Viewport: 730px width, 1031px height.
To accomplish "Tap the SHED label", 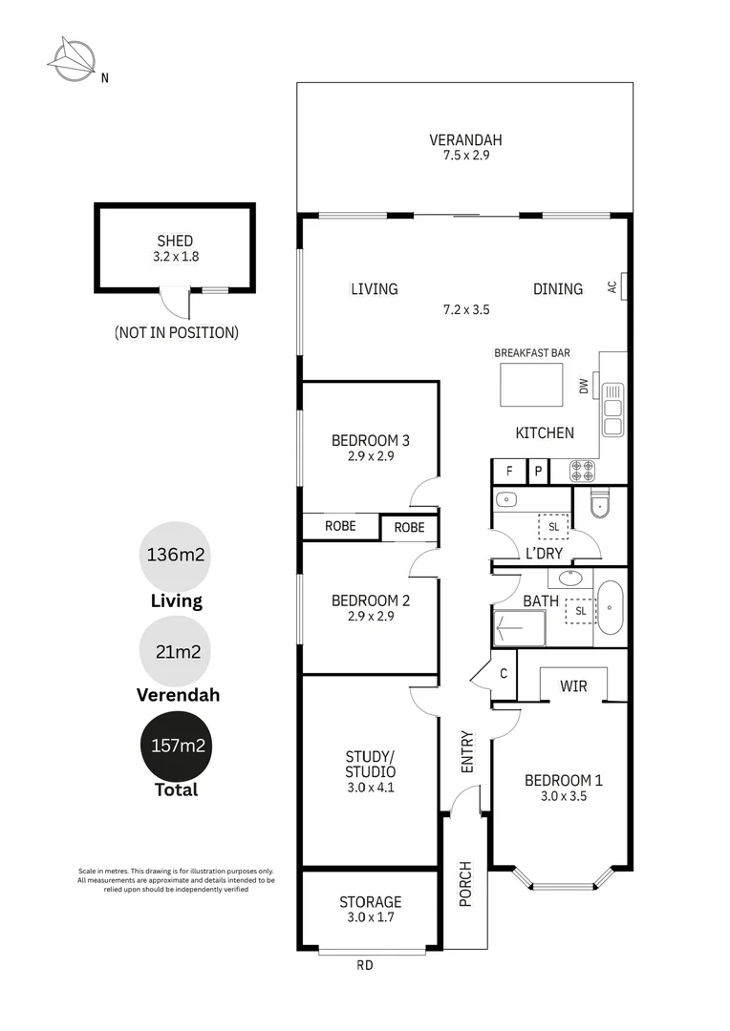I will coord(175,242).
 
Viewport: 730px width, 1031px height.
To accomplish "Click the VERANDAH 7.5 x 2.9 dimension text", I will coord(465,155).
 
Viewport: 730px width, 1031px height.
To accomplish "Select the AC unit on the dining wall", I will coord(623,286).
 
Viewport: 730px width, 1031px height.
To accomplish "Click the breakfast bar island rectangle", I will coord(532,384).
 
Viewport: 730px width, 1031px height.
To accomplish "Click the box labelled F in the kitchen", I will coord(508,471).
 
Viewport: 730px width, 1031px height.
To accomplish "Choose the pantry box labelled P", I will coord(538,471).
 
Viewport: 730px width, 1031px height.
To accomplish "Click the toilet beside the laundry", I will coord(599,503).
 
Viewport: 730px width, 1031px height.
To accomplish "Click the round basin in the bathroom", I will coord(570,579).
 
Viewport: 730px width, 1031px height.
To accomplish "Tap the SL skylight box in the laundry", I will coord(552,527).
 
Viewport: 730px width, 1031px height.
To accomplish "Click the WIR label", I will coord(573,685).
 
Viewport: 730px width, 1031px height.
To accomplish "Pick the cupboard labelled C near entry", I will coord(503,673).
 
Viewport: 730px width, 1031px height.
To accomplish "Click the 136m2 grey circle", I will coord(175,555).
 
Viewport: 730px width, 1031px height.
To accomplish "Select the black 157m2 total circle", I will coord(175,746).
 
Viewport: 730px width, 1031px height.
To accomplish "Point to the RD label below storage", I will coord(365,965).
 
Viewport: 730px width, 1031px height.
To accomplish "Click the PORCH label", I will coord(465,884).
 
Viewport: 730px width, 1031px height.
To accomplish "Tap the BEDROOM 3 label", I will coord(370,440).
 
